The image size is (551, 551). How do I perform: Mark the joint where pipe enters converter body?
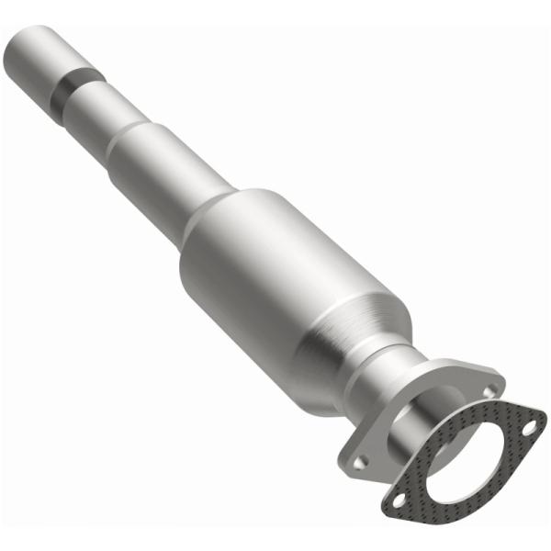(208, 215)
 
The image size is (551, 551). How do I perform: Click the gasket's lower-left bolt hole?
(399, 500)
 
